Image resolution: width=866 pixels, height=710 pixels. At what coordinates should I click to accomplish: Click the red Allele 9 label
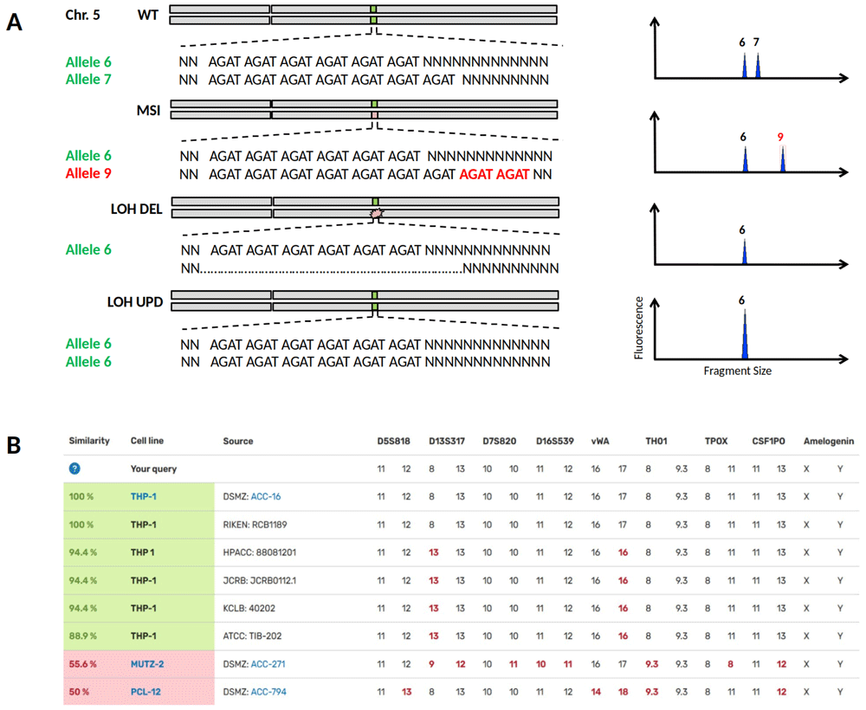pyautogui.click(x=88, y=173)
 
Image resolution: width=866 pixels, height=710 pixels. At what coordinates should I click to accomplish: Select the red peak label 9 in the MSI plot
pyautogui.click(x=780, y=137)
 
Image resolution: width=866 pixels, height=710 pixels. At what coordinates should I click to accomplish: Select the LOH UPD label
pyautogui.click(x=134, y=301)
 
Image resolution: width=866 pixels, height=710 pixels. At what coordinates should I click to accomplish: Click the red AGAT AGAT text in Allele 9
pyautogui.click(x=494, y=174)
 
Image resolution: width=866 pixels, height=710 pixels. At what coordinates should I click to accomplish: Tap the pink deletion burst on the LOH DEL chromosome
pyautogui.click(x=375, y=212)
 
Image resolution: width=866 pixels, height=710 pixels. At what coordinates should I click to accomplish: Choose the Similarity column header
pyautogui.click(x=89, y=441)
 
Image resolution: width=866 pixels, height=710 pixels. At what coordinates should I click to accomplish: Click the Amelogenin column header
pyautogui.click(x=829, y=441)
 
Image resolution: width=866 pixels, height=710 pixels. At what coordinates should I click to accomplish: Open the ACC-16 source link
pyautogui.click(x=266, y=497)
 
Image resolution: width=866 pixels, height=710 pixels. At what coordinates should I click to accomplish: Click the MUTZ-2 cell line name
pyautogui.click(x=149, y=664)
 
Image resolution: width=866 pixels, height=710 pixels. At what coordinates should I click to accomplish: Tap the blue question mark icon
pyautogui.click(x=74, y=468)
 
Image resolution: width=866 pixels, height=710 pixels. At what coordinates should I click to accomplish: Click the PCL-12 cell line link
pyautogui.click(x=146, y=692)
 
